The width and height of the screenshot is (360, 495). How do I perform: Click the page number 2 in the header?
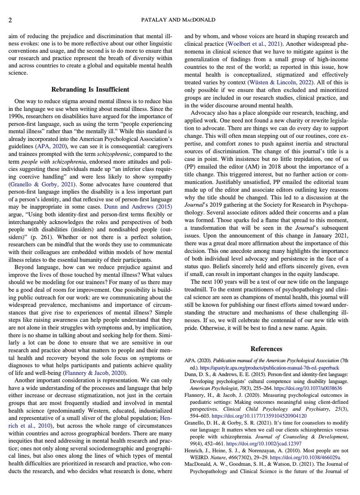(x=9, y=20)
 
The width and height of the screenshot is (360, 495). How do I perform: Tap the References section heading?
(x=269, y=349)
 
